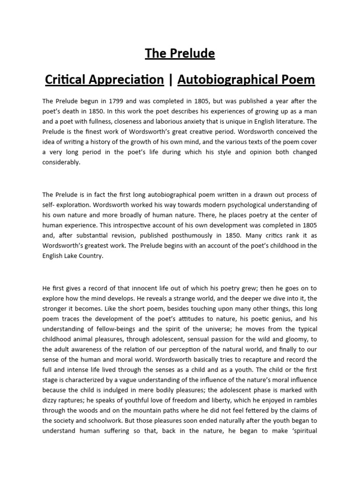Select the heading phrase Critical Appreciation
(x=104, y=80)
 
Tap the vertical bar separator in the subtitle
(x=170, y=80)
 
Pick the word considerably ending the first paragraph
(x=61, y=162)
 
